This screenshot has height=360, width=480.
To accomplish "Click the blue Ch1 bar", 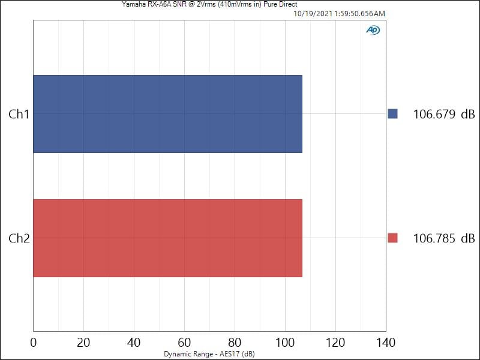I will tap(167, 114).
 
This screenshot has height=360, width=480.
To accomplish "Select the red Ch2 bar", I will tap(167, 238).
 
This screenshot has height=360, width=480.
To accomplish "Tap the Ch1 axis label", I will tap(19, 114).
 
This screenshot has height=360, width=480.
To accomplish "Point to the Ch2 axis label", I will tap(19, 238).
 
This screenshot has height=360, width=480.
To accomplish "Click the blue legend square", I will tap(393, 114).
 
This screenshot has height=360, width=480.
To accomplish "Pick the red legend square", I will tap(393, 238).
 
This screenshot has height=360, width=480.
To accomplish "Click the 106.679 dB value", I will tap(443, 114).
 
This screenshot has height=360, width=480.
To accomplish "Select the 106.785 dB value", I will tap(443, 238).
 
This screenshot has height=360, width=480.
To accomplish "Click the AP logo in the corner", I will tap(373, 30).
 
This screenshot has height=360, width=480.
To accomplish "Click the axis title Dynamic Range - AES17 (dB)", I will tap(209, 355).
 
